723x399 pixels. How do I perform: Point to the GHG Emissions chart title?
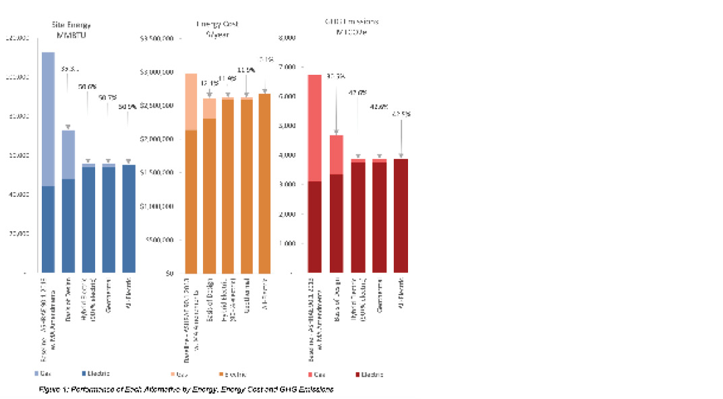pyautogui.click(x=351, y=26)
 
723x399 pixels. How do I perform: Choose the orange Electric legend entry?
pyautogui.click(x=231, y=373)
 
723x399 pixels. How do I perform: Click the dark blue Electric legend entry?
pyautogui.click(x=95, y=373)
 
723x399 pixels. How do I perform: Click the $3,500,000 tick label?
pyautogui.click(x=157, y=38)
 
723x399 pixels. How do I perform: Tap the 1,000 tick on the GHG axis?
pyautogui.click(x=288, y=243)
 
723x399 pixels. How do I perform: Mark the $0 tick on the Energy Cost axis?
pyautogui.click(x=169, y=274)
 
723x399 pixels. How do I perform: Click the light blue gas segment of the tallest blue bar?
pyautogui.click(x=48, y=118)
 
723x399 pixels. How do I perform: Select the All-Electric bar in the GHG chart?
pyautogui.click(x=401, y=216)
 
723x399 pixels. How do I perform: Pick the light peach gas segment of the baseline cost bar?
pyautogui.click(x=191, y=101)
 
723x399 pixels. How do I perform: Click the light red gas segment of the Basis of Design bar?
pyautogui.click(x=337, y=154)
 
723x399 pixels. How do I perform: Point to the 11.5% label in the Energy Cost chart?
pyautogui.click(x=246, y=69)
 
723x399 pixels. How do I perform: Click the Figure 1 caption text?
pyautogui.click(x=185, y=390)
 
